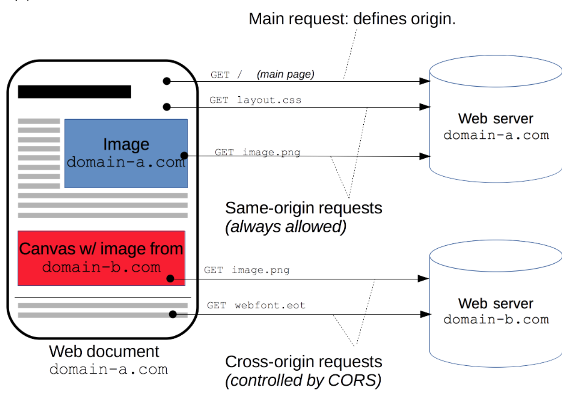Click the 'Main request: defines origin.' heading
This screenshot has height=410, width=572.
point(352,19)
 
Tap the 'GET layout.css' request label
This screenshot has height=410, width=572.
point(255,100)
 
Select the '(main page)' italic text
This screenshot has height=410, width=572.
point(286,74)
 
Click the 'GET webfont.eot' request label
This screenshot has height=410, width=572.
point(256,305)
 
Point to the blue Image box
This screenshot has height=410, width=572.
point(126,133)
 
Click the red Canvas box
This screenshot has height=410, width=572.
point(101,258)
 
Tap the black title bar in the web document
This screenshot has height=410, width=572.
point(74,92)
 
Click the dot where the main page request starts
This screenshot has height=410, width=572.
point(167,81)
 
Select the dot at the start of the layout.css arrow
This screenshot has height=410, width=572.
point(167,107)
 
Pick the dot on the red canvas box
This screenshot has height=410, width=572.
point(170,279)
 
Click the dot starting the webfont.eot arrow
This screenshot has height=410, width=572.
point(173,314)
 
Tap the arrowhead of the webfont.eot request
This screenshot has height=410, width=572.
point(425,314)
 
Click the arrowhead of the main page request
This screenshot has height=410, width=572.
point(425,81)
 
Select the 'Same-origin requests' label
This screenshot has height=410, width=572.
point(303,208)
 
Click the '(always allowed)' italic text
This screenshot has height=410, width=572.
point(286,227)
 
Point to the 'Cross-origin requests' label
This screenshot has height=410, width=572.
point(303,361)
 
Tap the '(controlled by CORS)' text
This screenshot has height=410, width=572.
point(303,380)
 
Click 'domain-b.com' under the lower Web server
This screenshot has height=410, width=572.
point(496,319)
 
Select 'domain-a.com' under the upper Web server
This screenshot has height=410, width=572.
point(496,135)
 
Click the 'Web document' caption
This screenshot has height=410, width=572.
point(104,351)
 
